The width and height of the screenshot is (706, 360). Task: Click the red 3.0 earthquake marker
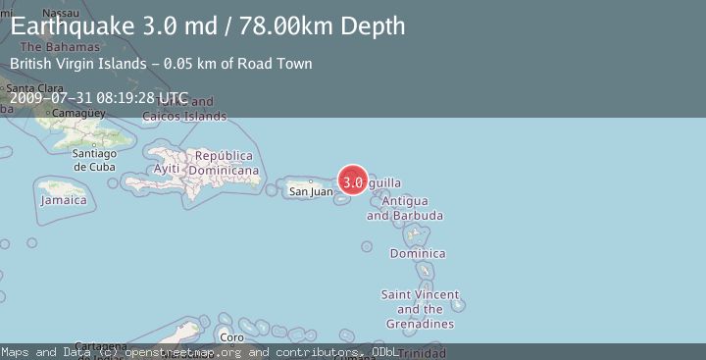[x=354, y=181]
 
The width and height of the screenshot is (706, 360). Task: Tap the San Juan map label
[x=310, y=191]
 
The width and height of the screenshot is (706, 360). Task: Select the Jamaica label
[x=64, y=200]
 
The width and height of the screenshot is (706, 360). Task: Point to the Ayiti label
[x=167, y=169]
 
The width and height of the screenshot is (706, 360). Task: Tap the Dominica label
[x=417, y=253]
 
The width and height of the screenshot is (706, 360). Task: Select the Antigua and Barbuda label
[x=405, y=208]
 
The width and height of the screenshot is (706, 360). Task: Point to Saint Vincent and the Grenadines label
[x=419, y=309]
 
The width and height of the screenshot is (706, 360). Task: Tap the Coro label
[x=231, y=338]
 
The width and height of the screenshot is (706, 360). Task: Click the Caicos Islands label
[x=184, y=116]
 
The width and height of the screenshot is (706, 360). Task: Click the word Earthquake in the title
[x=72, y=26]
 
